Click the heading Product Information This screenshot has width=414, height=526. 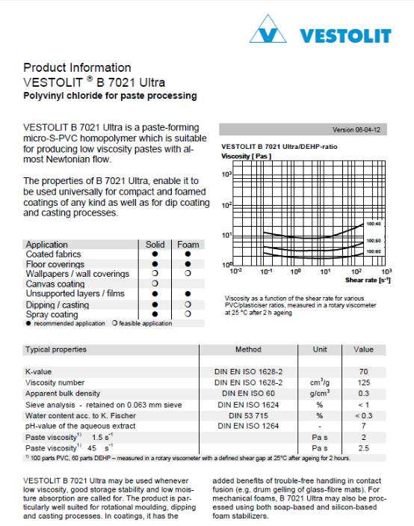tap(77, 68)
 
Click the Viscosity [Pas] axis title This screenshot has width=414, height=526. tap(246, 156)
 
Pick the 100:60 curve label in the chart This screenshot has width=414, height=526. tap(374, 252)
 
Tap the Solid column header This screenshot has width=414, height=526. tap(155, 245)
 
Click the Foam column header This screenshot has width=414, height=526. tap(188, 245)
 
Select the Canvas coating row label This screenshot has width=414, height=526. tap(55, 284)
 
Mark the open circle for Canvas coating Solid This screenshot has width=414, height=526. tap(155, 284)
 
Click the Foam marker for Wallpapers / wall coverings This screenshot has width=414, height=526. tap(188, 275)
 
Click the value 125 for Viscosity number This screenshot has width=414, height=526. tap(363, 382)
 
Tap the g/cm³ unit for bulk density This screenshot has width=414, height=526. tap(320, 393)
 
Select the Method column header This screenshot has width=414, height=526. tap(248, 349)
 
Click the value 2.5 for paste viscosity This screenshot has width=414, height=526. tap(363, 447)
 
